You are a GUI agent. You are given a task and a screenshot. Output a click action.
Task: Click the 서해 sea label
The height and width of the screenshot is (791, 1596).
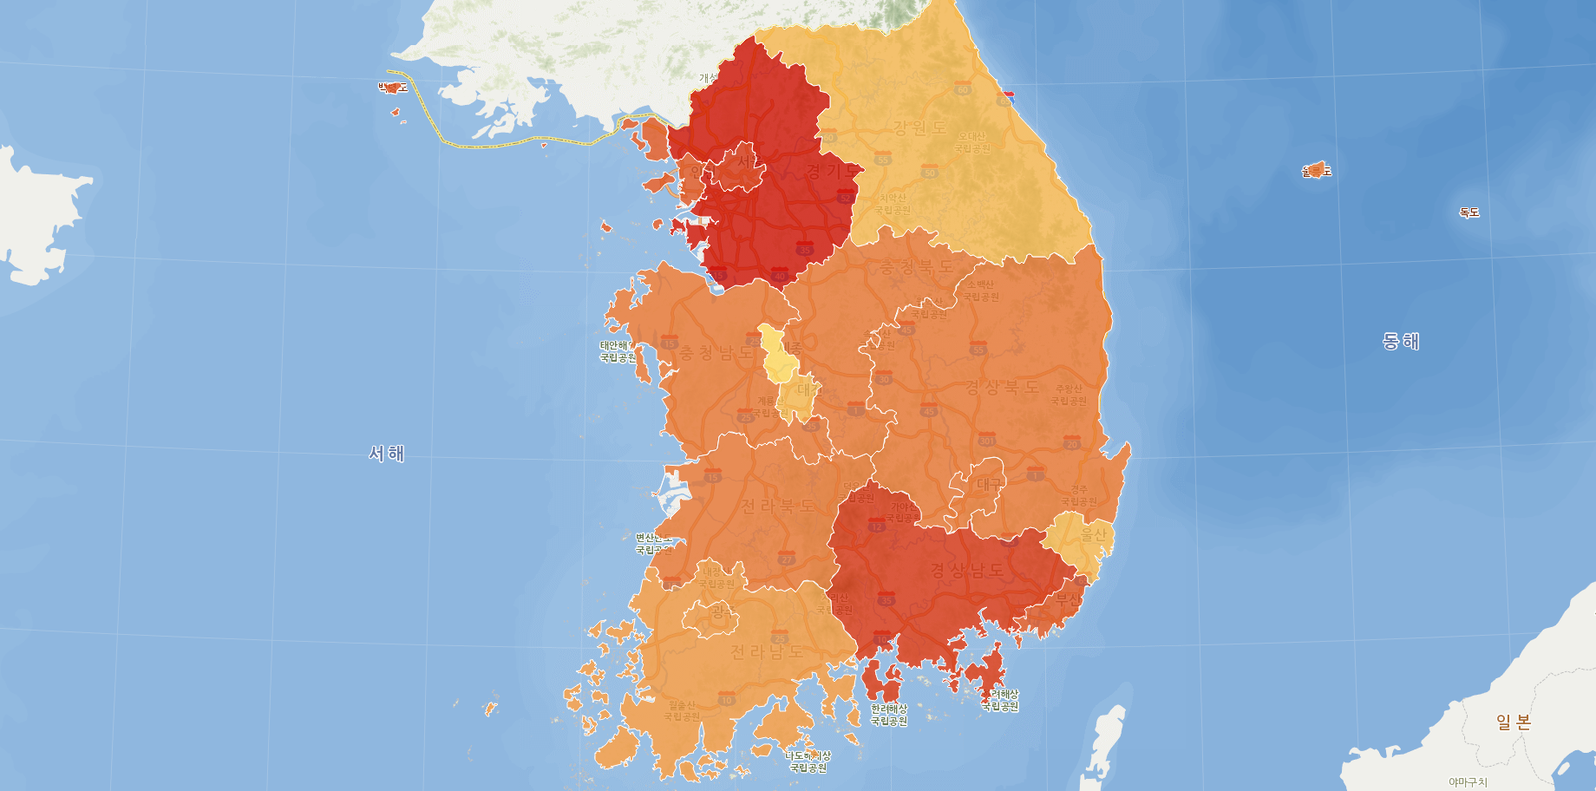pos(387,454)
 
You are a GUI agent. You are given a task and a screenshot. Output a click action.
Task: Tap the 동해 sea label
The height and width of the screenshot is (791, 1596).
pos(1400,341)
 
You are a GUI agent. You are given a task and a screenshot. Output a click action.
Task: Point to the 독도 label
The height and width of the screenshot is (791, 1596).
pos(1468,212)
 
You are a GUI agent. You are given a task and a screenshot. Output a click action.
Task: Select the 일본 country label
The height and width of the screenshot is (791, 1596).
pos(1514,722)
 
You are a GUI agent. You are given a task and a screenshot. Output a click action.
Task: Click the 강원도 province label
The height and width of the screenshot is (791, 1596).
pos(920,127)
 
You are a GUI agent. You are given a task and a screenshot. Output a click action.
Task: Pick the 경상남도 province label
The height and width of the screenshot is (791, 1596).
pos(967,570)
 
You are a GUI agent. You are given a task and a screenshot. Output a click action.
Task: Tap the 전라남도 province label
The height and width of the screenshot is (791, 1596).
pos(767,651)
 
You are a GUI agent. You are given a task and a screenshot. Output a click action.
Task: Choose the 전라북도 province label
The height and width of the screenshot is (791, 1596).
pos(777,506)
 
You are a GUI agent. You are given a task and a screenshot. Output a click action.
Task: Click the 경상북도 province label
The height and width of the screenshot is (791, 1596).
pos(1002,387)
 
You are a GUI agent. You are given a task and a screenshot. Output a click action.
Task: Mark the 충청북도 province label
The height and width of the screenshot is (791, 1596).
pos(917,267)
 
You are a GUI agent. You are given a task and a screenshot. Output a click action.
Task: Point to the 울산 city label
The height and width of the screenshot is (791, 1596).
pos(1094,535)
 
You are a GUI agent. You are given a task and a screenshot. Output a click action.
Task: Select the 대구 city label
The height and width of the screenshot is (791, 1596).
pos(989,484)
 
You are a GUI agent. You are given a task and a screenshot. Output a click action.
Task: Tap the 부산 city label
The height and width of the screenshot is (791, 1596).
pos(1068,599)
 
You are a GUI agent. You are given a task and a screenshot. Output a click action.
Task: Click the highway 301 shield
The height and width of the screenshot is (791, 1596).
pos(986,440)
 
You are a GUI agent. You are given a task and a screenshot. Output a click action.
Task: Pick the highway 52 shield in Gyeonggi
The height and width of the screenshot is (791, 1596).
pos(845,198)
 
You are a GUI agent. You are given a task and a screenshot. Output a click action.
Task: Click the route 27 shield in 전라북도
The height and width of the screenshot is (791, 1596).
pos(787,559)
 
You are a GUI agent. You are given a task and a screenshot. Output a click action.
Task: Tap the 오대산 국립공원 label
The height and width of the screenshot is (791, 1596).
pos(972,142)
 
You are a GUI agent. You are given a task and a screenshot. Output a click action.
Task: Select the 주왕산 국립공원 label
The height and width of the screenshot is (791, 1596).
pos(1068,395)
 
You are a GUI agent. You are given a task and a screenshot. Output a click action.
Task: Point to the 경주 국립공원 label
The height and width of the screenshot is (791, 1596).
pos(1079,496)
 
